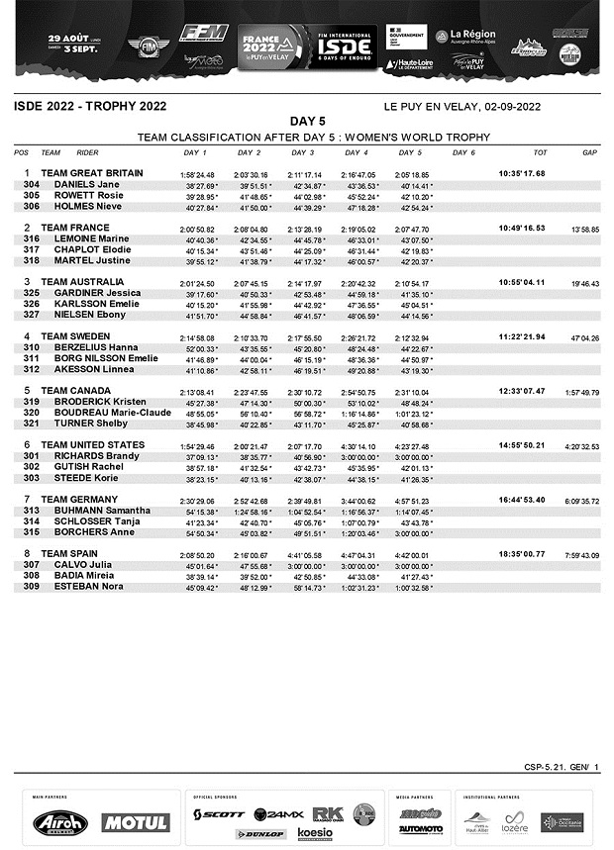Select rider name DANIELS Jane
coord(84,185)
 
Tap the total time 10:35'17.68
coord(521,173)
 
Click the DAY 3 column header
coord(303,153)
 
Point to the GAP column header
coord(589,153)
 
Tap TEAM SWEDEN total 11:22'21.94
coord(521,336)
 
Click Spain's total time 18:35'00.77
coord(521,554)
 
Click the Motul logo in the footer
coord(135,822)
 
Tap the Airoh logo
coord(60,822)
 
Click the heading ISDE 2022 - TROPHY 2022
coord(90,106)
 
